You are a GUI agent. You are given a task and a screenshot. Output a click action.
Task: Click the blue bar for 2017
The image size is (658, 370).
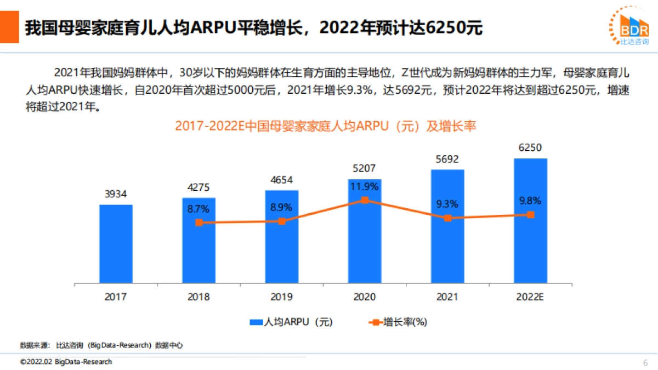click(116, 244)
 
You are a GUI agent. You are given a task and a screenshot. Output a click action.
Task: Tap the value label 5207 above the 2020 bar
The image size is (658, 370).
click(364, 168)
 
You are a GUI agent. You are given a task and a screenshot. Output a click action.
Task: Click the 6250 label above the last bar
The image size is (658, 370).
click(530, 147)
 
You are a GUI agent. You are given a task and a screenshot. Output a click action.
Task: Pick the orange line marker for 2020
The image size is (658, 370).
click(365, 200)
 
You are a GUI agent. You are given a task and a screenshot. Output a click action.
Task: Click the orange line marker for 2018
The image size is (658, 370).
click(199, 223)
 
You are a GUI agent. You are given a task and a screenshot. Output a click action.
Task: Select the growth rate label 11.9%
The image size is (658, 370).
click(364, 187)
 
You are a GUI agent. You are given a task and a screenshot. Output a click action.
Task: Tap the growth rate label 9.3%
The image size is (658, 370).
click(447, 204)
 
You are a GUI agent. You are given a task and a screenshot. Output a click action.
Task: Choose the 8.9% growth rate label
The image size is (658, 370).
click(281, 208)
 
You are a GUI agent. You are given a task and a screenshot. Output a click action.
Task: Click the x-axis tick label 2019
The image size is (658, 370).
click(281, 297)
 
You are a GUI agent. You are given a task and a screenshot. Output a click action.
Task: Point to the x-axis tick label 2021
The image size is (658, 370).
click(447, 297)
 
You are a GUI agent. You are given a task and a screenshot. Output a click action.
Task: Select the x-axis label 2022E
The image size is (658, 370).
click(530, 297)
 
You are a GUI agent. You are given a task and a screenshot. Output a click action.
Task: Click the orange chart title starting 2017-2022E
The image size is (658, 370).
click(326, 126)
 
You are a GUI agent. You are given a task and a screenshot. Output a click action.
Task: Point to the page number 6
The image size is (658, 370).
click(645, 362)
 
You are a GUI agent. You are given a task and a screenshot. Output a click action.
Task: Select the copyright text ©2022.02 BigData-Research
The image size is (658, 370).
click(66, 362)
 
